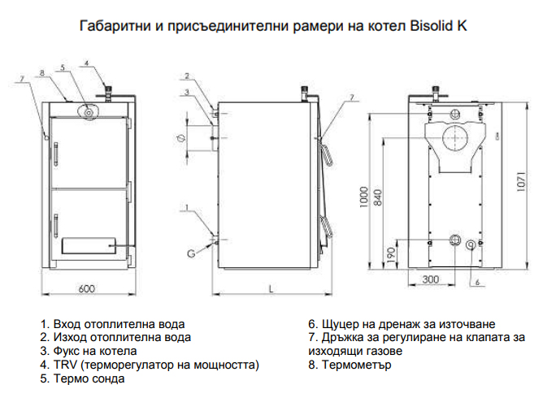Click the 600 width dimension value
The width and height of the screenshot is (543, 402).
(x=86, y=288)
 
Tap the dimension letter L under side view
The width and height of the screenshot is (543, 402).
(x=271, y=288)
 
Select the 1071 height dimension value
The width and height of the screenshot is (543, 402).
(x=522, y=182)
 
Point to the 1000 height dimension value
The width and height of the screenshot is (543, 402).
(x=363, y=197)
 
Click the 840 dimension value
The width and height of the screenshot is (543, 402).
(x=378, y=197)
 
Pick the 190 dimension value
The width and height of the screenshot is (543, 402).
(x=391, y=255)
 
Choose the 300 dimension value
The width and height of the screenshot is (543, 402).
(x=431, y=279)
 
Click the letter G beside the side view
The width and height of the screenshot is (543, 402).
(x=191, y=253)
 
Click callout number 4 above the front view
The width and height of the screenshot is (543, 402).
(x=87, y=63)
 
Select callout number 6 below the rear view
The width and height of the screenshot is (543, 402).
(x=477, y=283)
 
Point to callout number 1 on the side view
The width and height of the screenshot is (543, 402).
(x=187, y=208)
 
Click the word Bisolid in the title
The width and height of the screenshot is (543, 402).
(x=429, y=26)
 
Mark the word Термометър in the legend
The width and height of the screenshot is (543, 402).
(x=357, y=365)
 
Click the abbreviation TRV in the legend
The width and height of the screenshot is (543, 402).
(x=62, y=365)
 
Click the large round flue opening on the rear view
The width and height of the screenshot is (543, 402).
(x=454, y=137)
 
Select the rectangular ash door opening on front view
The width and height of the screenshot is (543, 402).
(x=89, y=246)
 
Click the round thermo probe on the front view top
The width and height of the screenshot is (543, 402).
(x=89, y=112)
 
